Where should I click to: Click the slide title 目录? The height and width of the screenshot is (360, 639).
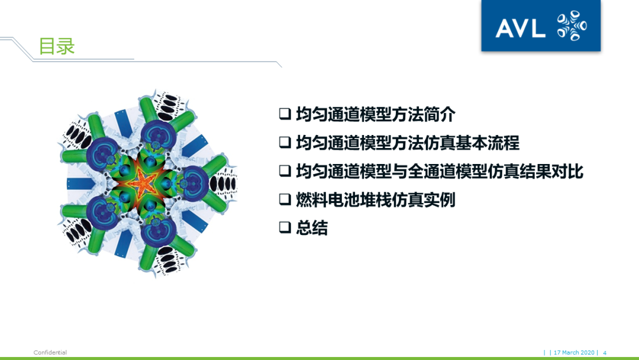[57, 46]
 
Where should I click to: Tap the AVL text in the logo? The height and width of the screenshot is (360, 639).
[520, 28]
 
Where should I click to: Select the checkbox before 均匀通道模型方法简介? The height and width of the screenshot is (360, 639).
[285, 114]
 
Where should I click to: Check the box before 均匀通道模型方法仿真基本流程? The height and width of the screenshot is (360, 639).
[285, 143]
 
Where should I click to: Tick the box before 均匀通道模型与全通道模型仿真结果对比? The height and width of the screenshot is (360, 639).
[285, 171]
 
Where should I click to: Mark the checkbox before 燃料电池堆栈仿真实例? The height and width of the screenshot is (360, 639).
[285, 200]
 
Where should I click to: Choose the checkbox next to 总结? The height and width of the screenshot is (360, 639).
[285, 228]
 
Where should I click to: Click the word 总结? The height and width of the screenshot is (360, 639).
[312, 228]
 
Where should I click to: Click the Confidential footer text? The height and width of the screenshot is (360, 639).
[50, 352]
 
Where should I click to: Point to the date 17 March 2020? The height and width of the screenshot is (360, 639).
[574, 352]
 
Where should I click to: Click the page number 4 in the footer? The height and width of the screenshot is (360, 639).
[605, 352]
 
